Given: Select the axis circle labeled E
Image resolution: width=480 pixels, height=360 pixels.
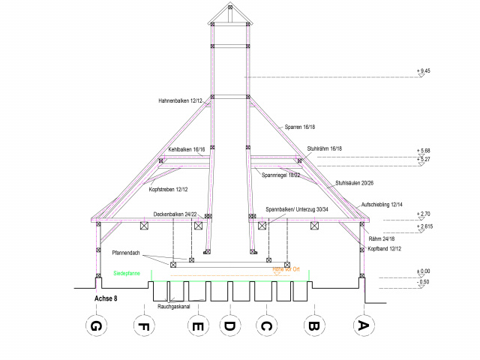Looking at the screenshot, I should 196,326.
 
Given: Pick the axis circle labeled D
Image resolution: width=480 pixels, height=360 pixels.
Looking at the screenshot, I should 230,326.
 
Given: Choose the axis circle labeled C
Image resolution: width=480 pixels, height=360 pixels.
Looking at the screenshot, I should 264,326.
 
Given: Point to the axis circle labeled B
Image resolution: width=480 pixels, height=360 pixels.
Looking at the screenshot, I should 313,326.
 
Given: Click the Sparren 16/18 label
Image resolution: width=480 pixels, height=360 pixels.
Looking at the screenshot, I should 301,128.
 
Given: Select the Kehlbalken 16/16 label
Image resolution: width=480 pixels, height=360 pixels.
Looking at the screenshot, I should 187,150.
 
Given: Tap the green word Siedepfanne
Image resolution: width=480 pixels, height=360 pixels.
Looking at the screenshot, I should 128,274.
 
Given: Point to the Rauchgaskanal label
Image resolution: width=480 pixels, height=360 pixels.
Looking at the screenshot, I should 173,307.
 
